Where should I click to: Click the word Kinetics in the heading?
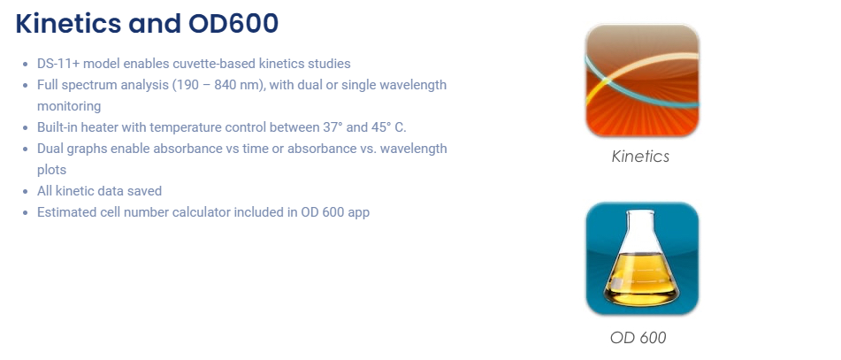click(67, 24)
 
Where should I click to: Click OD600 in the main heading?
click(233, 24)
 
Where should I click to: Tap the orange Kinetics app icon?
click(642, 80)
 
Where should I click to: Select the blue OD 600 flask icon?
click(642, 258)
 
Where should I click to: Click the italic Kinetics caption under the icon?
click(640, 157)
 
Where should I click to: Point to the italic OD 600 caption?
click(638, 338)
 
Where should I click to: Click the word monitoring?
click(69, 106)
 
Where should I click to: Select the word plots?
click(51, 170)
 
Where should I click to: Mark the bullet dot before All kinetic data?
click(26, 192)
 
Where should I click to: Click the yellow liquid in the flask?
click(641, 279)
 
